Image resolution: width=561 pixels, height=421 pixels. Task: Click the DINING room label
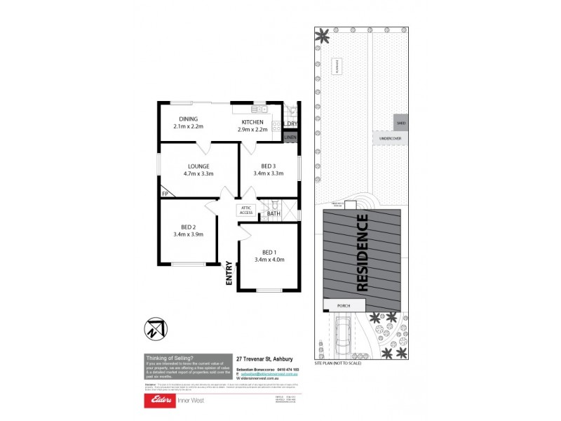click(x=188, y=119)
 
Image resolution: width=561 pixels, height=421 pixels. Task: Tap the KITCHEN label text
click(x=252, y=122)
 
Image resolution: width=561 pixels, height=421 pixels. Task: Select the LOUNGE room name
click(x=198, y=166)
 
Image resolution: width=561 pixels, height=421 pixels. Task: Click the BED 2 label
click(x=188, y=227)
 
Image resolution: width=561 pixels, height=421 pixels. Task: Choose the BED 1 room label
click(x=269, y=253)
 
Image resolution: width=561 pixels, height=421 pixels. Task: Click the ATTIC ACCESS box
click(x=246, y=210)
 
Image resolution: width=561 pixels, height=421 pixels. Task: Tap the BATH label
click(x=273, y=213)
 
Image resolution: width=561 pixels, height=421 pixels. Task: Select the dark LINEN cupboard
click(x=291, y=138)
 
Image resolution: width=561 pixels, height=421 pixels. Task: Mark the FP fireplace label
click(x=165, y=194)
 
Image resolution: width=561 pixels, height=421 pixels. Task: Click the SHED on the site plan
click(x=401, y=123)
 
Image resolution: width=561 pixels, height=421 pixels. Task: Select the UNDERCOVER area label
click(x=390, y=139)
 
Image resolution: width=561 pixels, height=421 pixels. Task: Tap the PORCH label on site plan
click(x=344, y=305)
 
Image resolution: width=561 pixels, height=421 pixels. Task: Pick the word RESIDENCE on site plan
click(x=362, y=253)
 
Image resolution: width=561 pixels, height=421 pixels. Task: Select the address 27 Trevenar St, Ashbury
click(x=265, y=357)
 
